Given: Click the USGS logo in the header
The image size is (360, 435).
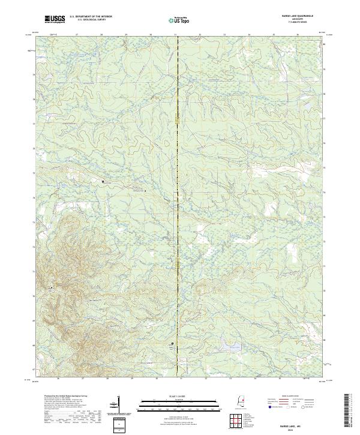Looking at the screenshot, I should (55, 19).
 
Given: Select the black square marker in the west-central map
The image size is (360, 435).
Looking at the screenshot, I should (103, 181).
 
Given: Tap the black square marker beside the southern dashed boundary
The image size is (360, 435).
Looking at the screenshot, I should (173, 344).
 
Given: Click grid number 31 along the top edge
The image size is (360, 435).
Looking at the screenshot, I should (175, 35).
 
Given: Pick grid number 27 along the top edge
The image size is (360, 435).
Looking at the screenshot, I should (77, 35).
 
